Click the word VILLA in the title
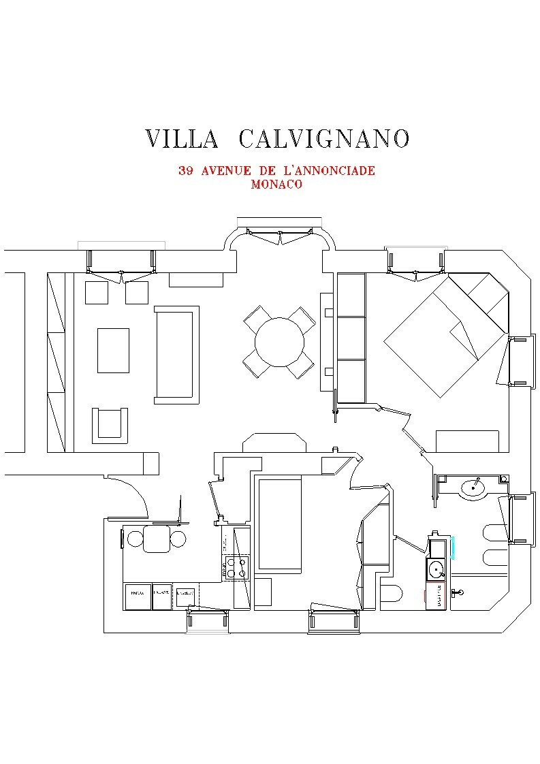[181, 138]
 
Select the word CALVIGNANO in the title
[324, 138]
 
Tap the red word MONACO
[276, 184]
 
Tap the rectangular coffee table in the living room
[113, 350]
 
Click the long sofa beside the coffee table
[177, 353]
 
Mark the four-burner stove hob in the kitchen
[236, 567]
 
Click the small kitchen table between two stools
[157, 539]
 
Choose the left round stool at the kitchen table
[136, 539]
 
